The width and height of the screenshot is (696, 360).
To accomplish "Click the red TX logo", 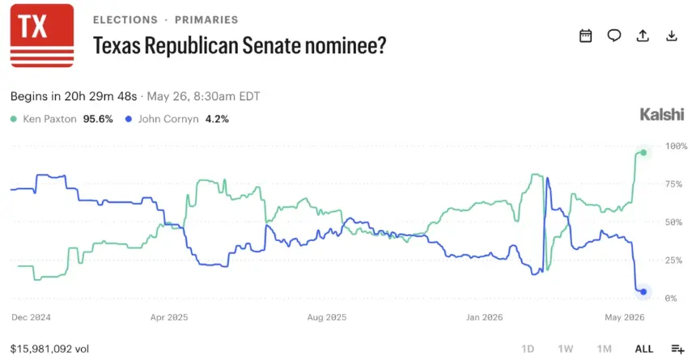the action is (x=42, y=36).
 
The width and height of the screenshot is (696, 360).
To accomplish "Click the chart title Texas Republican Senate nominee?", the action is (x=240, y=45).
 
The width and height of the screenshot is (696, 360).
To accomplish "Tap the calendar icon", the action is (x=585, y=36).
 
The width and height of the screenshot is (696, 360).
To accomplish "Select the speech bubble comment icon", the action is (x=614, y=36).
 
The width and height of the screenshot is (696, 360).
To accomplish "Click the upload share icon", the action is (x=643, y=36).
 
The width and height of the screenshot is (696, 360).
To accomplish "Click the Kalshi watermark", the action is (x=662, y=115).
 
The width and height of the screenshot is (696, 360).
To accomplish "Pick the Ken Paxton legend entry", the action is (x=62, y=119).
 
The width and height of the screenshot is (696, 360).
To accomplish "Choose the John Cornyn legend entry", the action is (x=177, y=119).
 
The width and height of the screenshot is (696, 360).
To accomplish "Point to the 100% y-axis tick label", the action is (x=676, y=146).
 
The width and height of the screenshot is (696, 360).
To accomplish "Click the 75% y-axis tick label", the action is (x=673, y=184).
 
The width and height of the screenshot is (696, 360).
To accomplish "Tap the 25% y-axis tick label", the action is (x=673, y=260).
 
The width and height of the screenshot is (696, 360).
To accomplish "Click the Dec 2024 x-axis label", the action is (x=31, y=317).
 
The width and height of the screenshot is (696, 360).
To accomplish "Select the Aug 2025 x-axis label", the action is (x=327, y=317).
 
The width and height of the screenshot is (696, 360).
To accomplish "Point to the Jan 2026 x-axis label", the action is (x=484, y=317).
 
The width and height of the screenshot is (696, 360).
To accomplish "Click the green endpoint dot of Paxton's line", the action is (x=643, y=153).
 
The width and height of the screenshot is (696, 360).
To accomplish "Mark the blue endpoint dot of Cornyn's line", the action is (x=643, y=291).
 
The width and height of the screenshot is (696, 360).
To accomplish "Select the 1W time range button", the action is (x=566, y=349).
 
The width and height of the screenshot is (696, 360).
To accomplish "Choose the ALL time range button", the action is (x=644, y=349).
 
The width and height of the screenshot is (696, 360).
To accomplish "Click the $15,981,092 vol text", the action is (x=49, y=349).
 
